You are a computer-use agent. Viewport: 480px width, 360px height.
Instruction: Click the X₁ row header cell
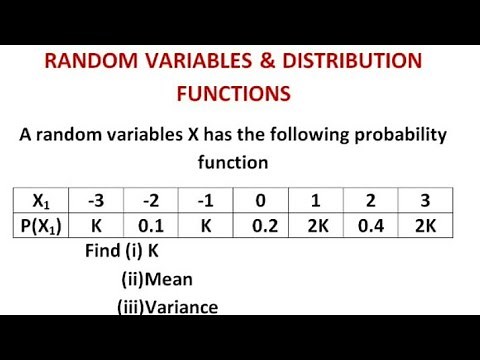click(44, 199)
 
